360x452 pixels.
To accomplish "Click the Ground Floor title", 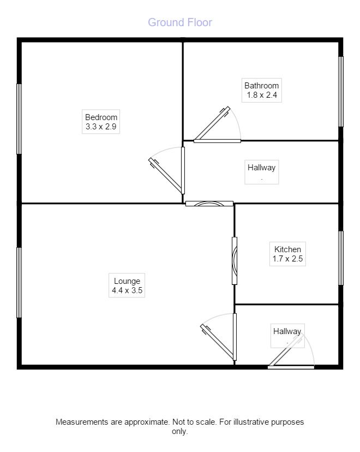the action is point(180,22).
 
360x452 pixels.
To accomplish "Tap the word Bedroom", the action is point(101,117).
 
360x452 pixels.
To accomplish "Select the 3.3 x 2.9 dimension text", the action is point(101,127).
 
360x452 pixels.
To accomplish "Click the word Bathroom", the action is point(261,86).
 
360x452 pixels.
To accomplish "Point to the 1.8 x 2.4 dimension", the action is point(262,95).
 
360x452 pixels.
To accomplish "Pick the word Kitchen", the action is point(287,249).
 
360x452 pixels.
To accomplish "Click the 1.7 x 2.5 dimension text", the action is point(287,259).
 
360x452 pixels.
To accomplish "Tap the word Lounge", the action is point(127,281).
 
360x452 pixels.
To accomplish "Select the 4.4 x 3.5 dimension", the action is point(127,290).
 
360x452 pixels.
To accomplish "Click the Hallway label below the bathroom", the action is point(261,168).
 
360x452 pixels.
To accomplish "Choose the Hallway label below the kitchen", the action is point(287,331).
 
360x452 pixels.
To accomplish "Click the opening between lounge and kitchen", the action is point(235,261).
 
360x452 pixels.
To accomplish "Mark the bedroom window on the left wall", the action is point(19,119).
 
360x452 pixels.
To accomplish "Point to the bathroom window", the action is point(341,92).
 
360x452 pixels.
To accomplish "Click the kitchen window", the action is point(341,258).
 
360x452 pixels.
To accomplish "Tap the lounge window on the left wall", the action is point(19,283).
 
